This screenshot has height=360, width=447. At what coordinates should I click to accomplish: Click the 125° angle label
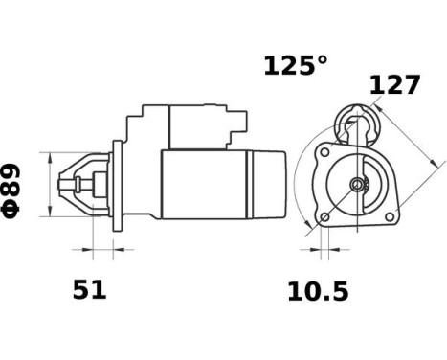coord(296,66)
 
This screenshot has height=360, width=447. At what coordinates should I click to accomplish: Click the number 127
coord(394,85)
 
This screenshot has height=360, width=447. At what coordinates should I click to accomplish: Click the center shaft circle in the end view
coord(357,184)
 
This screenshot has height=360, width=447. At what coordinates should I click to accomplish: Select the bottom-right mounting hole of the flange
coord(389,217)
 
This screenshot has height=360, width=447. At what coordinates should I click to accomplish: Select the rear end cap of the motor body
coord(270,184)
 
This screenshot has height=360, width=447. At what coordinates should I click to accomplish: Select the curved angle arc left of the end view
coord(299,187)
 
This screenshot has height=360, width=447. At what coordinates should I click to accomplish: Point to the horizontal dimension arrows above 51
coord(101,252)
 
